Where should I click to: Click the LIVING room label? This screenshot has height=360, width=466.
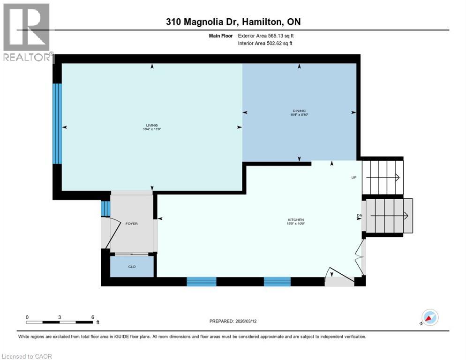tap(151, 125)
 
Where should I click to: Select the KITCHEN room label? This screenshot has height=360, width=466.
tap(296, 220)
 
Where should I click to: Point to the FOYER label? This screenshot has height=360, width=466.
tap(132, 224)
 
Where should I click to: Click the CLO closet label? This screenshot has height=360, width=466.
tap(132, 267)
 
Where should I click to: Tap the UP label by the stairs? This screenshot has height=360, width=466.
tap(354, 178)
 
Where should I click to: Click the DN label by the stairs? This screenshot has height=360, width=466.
tap(360, 216)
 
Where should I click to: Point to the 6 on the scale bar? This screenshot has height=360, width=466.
tap(92, 317)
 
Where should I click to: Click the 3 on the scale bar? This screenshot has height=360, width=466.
tap(60, 317)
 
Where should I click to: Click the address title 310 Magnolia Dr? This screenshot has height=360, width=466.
tap(233, 22)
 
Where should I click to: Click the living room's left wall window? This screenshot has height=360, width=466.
tap(57, 123)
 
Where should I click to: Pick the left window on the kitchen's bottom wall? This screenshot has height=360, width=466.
tap(202, 281)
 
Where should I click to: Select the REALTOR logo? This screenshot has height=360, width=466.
tap(26, 33)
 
